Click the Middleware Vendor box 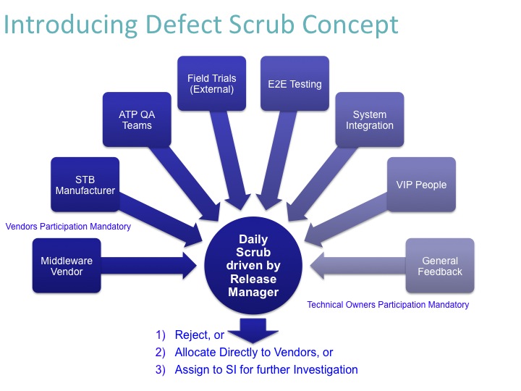click(62, 266)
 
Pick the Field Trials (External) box click(212, 84)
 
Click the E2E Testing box click(295, 84)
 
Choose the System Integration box click(369, 119)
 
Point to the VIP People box click(420, 185)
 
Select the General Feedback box click(440, 266)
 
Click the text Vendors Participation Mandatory click(68, 227)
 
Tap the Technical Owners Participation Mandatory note click(388, 305)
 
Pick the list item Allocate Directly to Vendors click(254, 353)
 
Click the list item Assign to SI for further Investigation click(266, 369)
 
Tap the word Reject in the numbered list click(191, 335)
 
